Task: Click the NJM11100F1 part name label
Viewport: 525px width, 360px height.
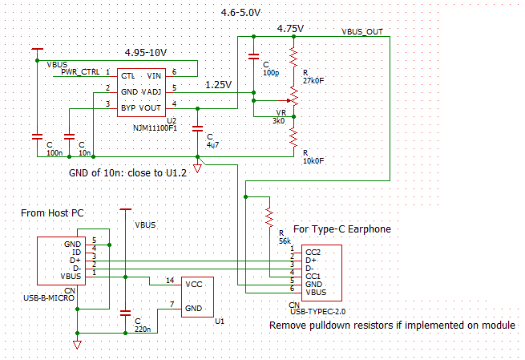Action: pyautogui.click(x=155, y=128)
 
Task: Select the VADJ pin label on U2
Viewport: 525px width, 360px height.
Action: pyautogui.click(x=151, y=92)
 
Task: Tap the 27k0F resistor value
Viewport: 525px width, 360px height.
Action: pyautogui.click(x=313, y=81)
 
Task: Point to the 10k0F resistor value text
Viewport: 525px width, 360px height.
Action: pyautogui.click(x=313, y=160)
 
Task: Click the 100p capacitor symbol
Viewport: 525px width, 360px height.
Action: pyautogui.click(x=253, y=56)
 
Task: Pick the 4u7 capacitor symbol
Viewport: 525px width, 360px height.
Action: pyautogui.click(x=197, y=128)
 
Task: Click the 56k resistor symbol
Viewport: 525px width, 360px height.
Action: pyautogui.click(x=269, y=217)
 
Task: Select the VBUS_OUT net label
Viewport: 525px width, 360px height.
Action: pyautogui.click(x=362, y=32)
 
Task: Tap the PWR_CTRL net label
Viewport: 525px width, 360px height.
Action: pyautogui.click(x=80, y=72)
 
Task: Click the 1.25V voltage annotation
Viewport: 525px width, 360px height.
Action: pyautogui.click(x=218, y=85)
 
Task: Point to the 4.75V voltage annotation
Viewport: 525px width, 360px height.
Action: pyautogui.click(x=290, y=29)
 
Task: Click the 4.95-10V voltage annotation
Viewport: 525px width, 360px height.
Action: pyautogui.click(x=146, y=53)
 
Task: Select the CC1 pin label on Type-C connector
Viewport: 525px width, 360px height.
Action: pyautogui.click(x=313, y=277)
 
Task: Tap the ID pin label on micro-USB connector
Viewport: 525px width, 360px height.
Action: pyautogui.click(x=77, y=253)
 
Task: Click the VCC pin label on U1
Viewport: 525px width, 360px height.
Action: pyautogui.click(x=194, y=285)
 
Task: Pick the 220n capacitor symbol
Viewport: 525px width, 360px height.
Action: pyautogui.click(x=125, y=313)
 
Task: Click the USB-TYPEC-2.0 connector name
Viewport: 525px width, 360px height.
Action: pyautogui.click(x=317, y=311)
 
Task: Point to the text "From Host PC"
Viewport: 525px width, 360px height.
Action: pyautogui.click(x=52, y=213)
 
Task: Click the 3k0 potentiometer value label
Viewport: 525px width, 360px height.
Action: pyautogui.click(x=278, y=120)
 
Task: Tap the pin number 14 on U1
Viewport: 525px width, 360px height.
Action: pyautogui.click(x=170, y=280)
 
